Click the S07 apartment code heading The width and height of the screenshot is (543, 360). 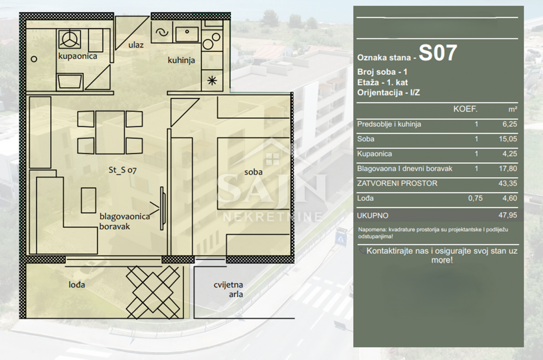click(x=438, y=53)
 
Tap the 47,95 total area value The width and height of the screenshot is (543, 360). click(x=508, y=215)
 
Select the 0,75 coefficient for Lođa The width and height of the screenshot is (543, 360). click(x=475, y=198)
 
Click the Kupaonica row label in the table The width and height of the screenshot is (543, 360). click(x=374, y=154)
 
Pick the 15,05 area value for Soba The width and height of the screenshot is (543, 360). click(x=508, y=139)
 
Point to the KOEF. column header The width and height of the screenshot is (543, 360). click(x=465, y=109)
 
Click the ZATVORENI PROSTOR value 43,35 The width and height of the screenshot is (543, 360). click(x=508, y=183)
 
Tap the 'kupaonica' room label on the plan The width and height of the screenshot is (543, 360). click(x=77, y=56)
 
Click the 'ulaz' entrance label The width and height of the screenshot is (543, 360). click(x=136, y=45)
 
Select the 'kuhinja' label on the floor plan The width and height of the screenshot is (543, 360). click(x=181, y=60)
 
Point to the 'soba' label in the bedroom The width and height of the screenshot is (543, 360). click(x=253, y=172)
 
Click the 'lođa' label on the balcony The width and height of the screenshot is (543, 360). click(x=76, y=284)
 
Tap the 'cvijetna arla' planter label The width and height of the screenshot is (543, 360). click(x=228, y=289)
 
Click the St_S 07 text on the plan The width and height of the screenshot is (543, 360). click(x=123, y=170)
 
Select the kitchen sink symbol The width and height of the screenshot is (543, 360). click(x=187, y=34)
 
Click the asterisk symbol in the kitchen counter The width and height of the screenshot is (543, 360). click(x=212, y=81)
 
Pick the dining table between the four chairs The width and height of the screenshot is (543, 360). click(x=110, y=132)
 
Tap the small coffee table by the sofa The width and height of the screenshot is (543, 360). click(x=88, y=200)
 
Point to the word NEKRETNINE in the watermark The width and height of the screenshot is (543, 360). click(x=272, y=217)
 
